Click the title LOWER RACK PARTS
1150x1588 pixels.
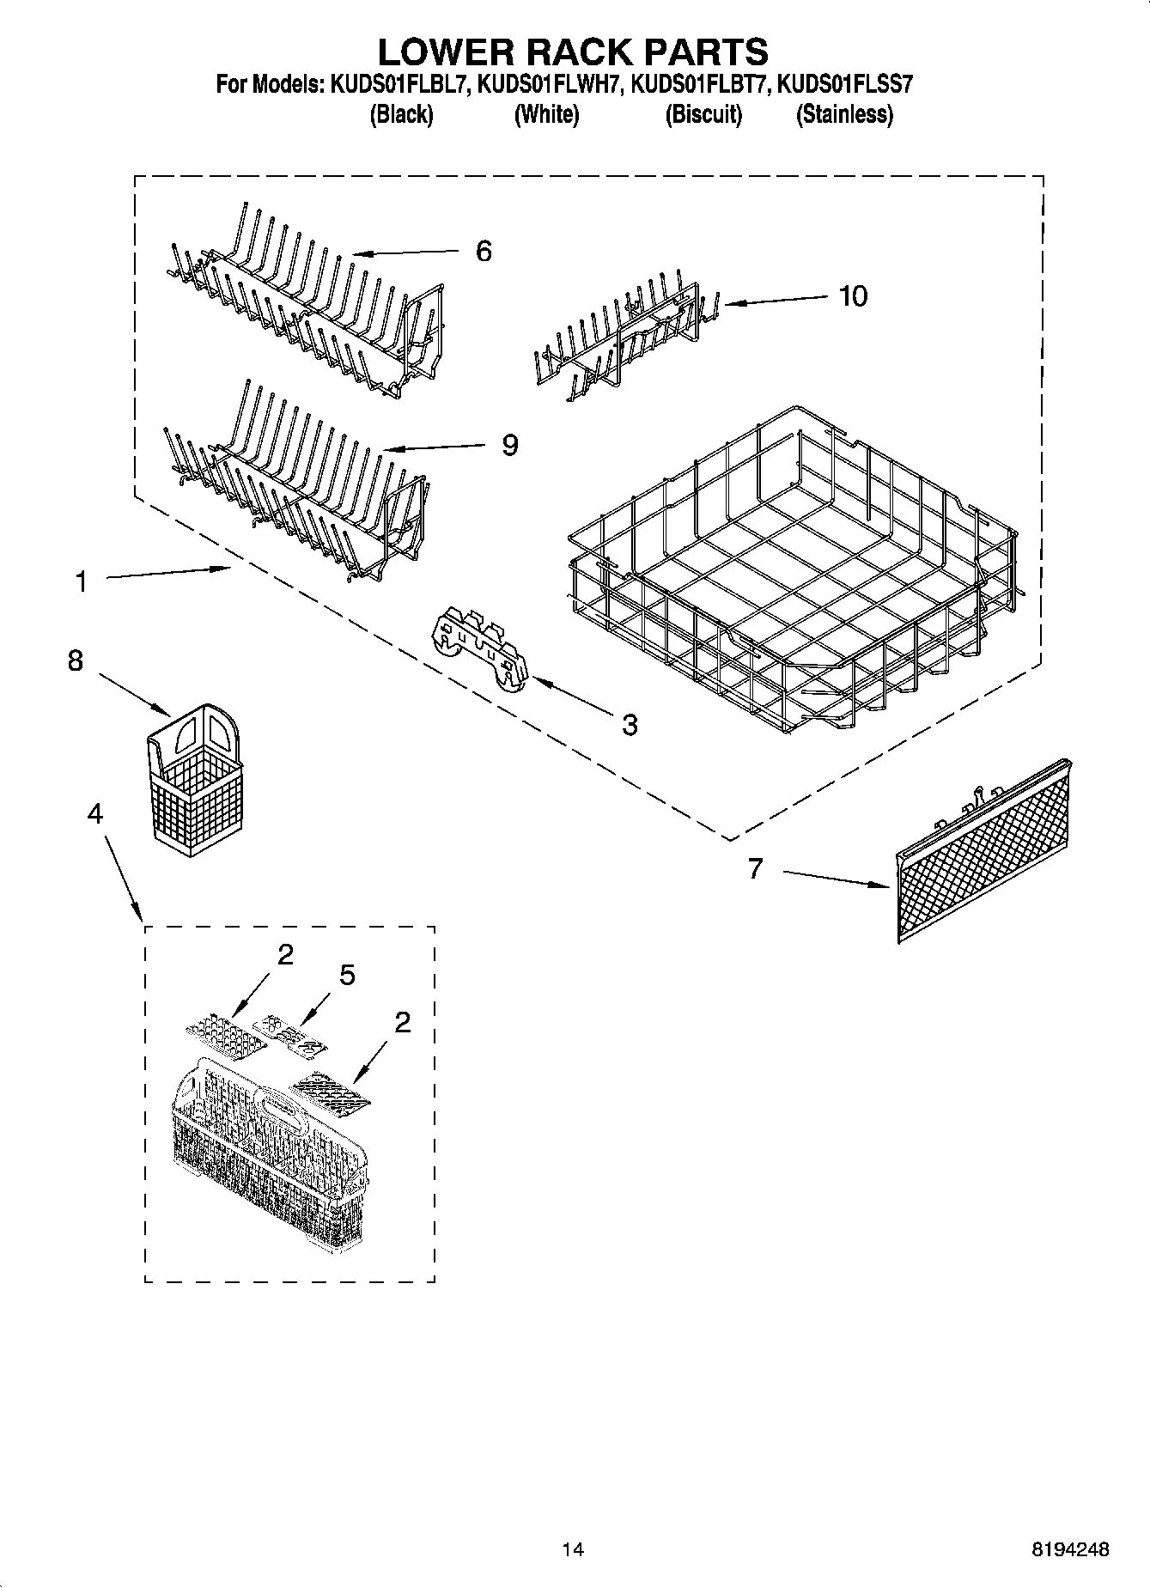(573, 52)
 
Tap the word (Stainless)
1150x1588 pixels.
(844, 114)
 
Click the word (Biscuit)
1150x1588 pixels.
(703, 114)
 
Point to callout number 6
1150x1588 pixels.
(484, 252)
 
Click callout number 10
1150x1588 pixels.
(853, 296)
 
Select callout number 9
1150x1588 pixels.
(509, 445)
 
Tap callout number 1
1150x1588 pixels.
(81, 582)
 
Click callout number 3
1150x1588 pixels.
(630, 724)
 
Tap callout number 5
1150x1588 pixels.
(347, 975)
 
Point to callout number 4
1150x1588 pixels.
(94, 812)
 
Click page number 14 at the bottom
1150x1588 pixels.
(573, 1549)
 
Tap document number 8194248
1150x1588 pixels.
(1070, 1549)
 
